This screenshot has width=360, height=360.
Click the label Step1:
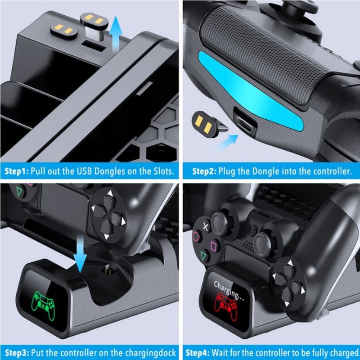click(17, 171)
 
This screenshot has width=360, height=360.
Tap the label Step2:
click(204, 171)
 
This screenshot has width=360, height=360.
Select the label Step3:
click(17, 353)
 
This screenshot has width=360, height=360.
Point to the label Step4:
click(198, 353)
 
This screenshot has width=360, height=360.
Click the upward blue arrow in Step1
click(115, 33)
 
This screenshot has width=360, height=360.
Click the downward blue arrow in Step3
click(80, 254)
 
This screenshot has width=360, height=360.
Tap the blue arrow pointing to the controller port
click(228, 142)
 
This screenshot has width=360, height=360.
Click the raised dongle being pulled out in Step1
click(94, 25)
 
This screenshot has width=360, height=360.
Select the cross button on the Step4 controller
click(206, 227)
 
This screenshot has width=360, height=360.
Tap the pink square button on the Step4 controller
click(214, 246)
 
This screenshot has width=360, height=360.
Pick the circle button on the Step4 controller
click(196, 236)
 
